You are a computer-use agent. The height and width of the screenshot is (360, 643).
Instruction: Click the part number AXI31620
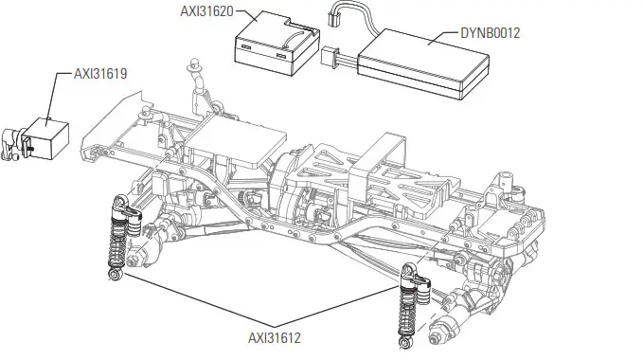pyautogui.click(x=205, y=12)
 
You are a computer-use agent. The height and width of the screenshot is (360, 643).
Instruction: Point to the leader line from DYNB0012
pyautogui.click(x=442, y=38)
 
